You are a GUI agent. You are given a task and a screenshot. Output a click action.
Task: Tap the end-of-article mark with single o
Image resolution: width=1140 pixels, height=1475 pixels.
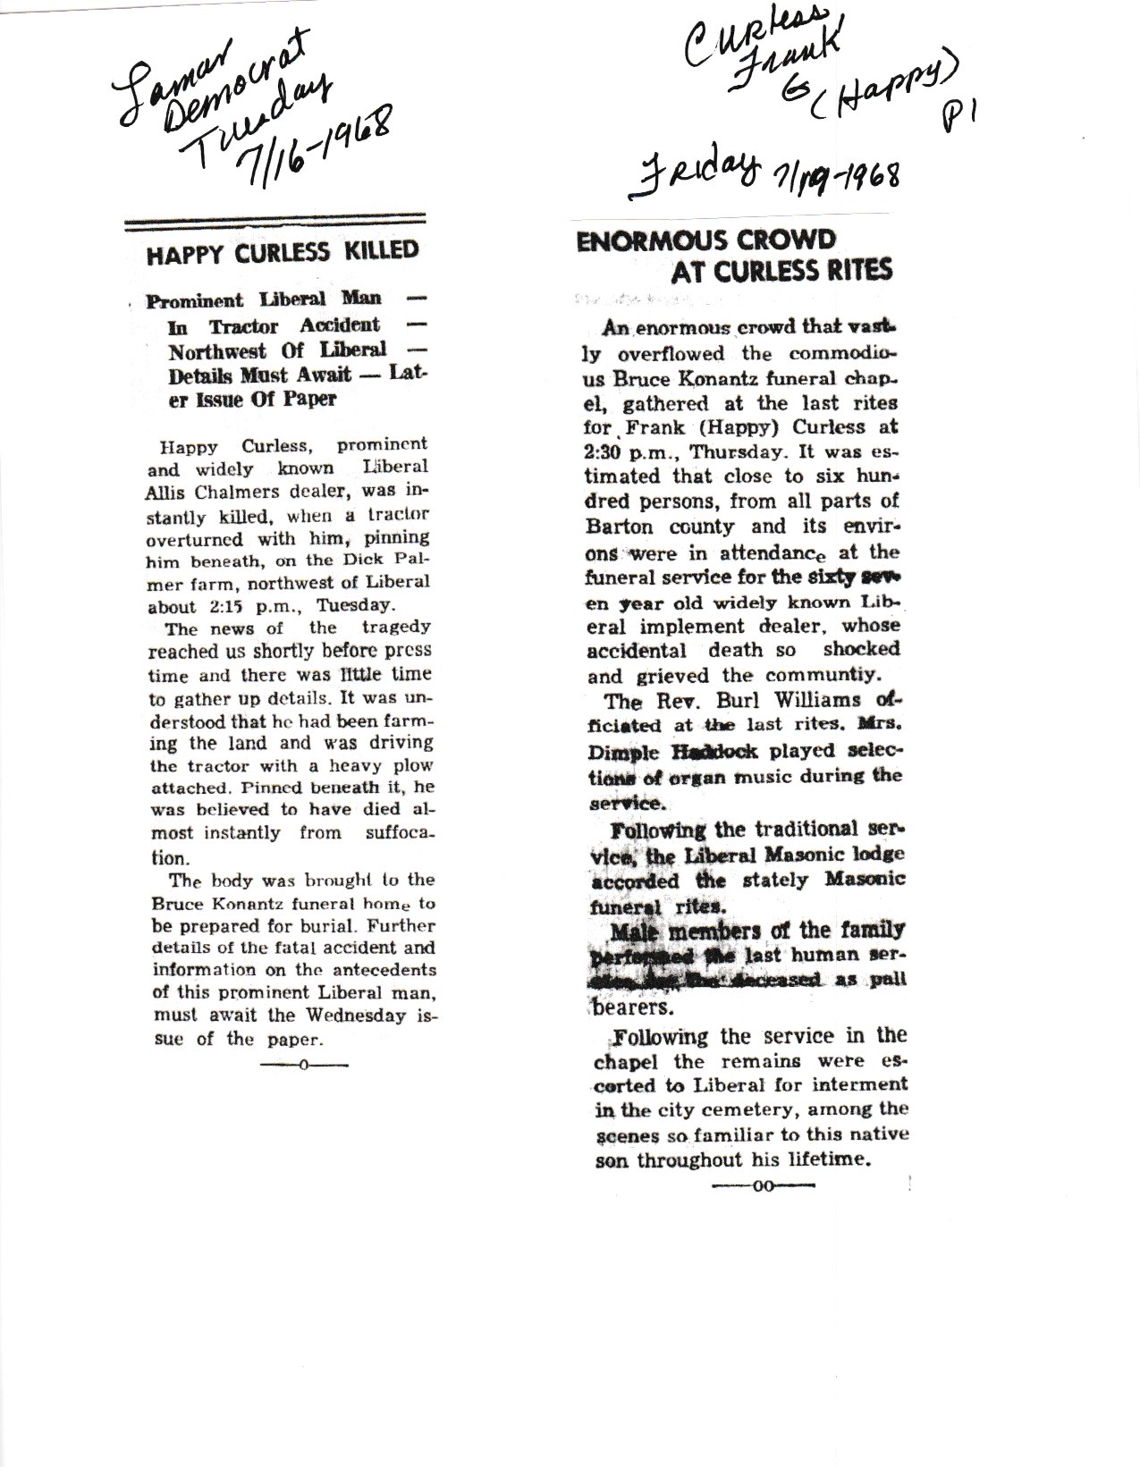point(303,1064)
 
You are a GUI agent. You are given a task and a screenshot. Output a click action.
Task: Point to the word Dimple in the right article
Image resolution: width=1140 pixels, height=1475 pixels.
point(619,751)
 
